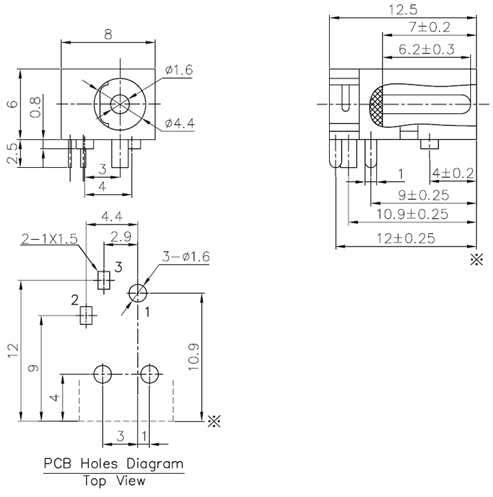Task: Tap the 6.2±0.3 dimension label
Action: (426, 49)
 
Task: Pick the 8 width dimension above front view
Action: (108, 33)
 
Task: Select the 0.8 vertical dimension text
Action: (35, 107)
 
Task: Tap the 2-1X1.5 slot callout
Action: (50, 239)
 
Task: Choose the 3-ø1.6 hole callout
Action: (186, 257)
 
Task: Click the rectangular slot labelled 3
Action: (103, 279)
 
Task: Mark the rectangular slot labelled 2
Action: (85, 315)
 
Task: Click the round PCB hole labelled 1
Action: (137, 292)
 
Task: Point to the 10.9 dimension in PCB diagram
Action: (193, 357)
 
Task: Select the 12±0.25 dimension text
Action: (406, 238)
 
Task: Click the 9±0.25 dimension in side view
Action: (423, 195)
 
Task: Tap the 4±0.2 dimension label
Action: (452, 174)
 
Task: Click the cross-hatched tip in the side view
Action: (378, 106)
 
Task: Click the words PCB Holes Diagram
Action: (113, 463)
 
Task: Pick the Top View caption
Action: (113, 480)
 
